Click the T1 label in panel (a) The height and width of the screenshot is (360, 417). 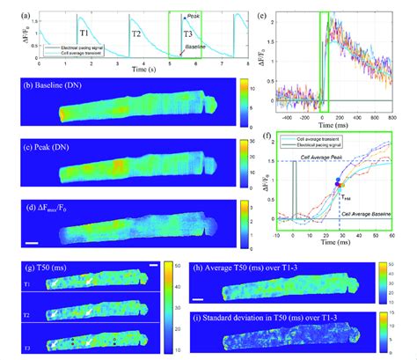point(84,32)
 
